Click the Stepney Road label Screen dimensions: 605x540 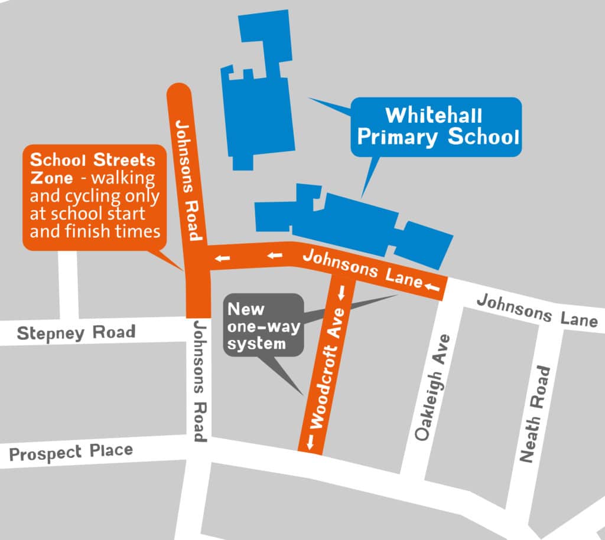pos(76,333)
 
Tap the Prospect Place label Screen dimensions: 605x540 pos(71,453)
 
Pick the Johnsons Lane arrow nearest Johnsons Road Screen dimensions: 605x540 pos(222,257)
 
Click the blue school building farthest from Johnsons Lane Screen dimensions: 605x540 pos(260,89)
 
